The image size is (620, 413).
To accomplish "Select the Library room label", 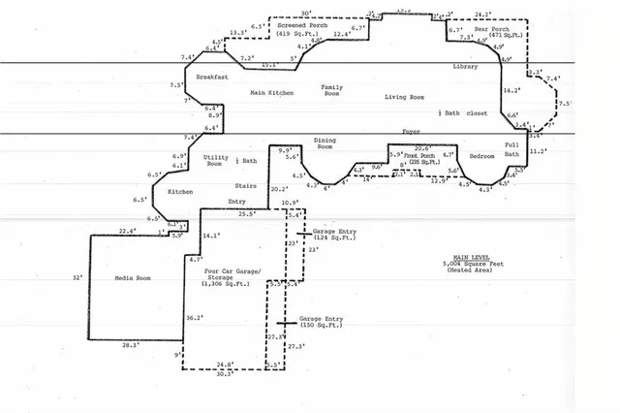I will click(465, 66).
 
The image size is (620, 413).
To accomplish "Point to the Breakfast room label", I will click(211, 76).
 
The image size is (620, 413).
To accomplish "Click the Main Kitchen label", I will click(271, 92).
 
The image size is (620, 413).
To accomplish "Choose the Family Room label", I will click(332, 91).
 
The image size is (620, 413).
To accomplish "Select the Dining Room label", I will click(325, 143).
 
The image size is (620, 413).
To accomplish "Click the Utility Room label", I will click(214, 160).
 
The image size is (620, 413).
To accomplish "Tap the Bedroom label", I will click(481, 155).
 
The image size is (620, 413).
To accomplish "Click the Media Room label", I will click(133, 278).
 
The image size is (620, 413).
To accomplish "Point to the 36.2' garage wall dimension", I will click(194, 317).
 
